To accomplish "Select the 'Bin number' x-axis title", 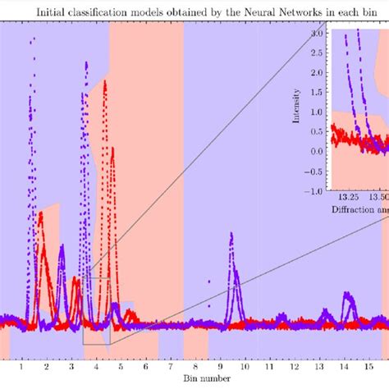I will point(194,381).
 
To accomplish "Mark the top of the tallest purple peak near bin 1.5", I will point(32,38).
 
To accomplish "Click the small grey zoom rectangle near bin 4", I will point(96,311).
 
